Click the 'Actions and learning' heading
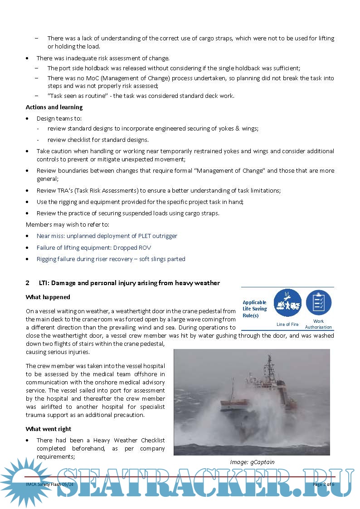pos(54,107)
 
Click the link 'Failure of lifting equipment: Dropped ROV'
pos(94,248)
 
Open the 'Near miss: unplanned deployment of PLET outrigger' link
pos(107,236)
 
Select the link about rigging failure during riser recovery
pos(111,259)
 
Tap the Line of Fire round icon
pos(287,303)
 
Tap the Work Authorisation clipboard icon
pos(318,303)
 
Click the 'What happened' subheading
pos(48,297)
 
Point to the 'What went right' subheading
pos(49,429)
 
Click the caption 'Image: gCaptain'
pos(252,462)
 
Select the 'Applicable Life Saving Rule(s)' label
pos(254,309)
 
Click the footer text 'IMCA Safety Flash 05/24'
pos(49,485)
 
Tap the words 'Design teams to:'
pos(59,118)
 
